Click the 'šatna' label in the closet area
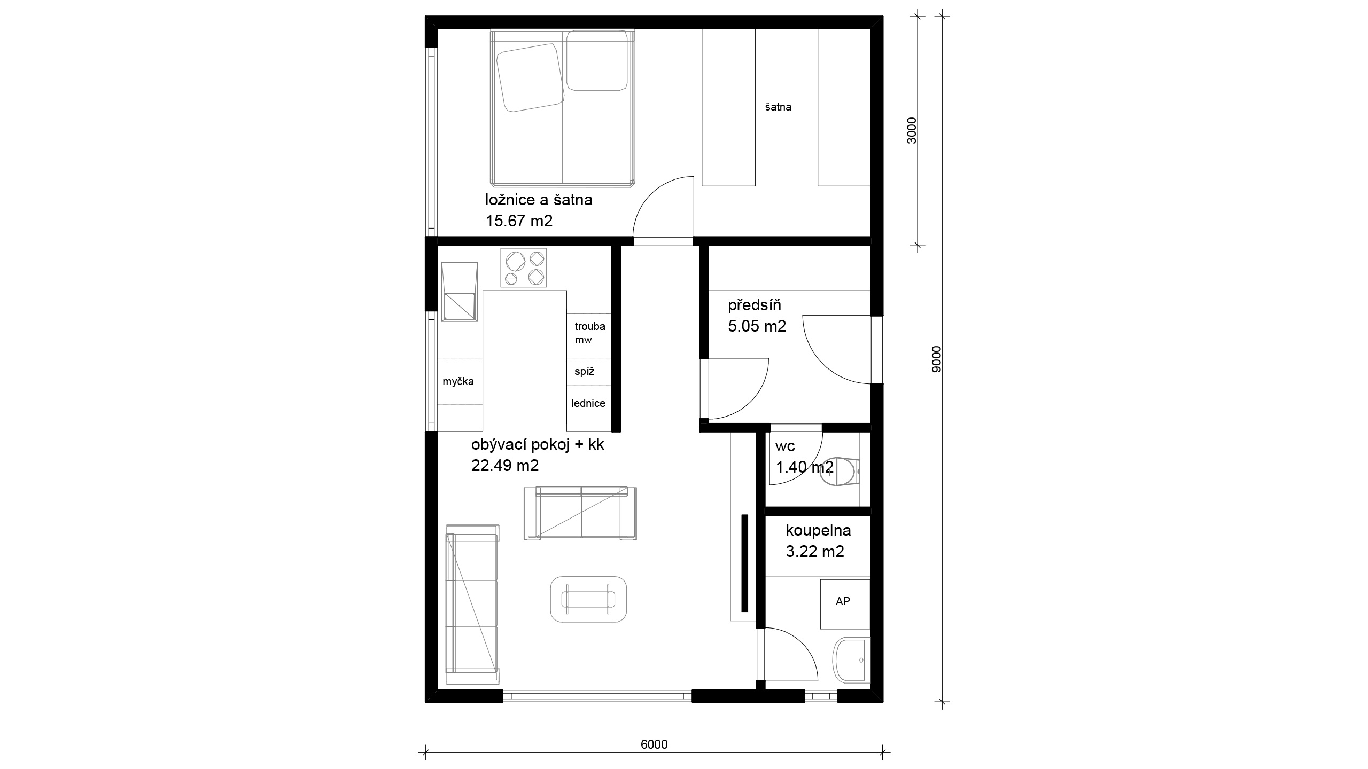click(778, 107)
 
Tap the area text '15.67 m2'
click(519, 221)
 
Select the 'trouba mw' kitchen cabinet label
click(590, 333)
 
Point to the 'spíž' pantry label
click(585, 371)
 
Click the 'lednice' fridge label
click(588, 403)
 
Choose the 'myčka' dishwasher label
click(458, 381)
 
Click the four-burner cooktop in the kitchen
click(524, 268)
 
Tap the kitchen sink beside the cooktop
click(460, 292)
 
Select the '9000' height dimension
click(936, 359)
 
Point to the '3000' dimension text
click(912, 130)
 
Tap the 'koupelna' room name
click(818, 530)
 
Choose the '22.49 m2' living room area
click(505, 465)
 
